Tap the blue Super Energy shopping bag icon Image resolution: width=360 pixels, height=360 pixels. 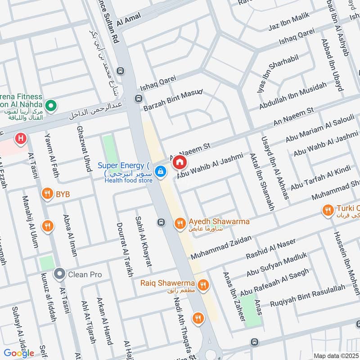160,171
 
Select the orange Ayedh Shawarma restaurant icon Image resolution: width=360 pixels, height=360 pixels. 180,223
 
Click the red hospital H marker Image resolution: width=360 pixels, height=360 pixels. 20,139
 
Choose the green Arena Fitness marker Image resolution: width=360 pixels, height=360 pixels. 52,106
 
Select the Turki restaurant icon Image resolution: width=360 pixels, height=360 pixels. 328,210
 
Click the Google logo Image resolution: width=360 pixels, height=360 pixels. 19,353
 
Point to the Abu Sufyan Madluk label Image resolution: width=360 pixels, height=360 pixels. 276,264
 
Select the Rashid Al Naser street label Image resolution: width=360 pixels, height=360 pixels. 271,248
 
